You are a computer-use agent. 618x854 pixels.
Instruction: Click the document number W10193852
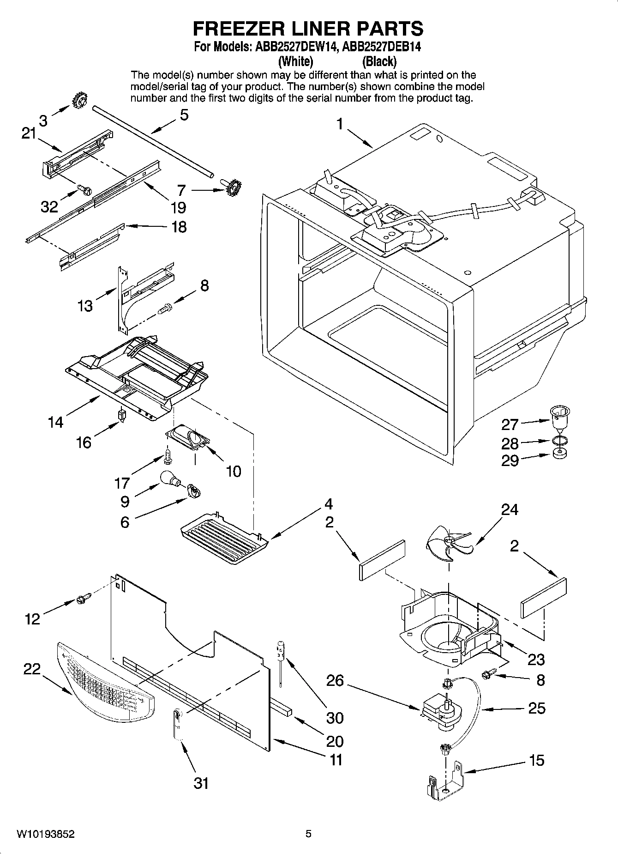point(46,834)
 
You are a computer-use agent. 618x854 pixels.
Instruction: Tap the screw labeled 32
point(84,189)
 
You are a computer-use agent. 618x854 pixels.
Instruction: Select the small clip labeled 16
point(122,415)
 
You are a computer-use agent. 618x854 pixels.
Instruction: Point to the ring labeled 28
point(560,440)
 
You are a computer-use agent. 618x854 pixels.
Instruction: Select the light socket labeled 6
point(194,492)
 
